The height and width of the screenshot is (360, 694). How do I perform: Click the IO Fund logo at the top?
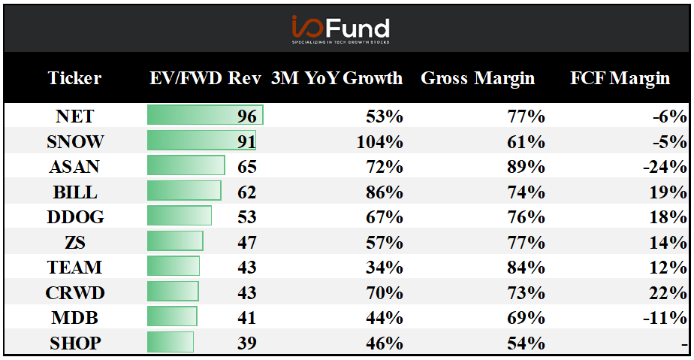[x=340, y=29]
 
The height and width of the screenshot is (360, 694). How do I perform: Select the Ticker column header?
[x=74, y=78]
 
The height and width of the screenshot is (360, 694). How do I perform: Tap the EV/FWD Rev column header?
[x=205, y=78]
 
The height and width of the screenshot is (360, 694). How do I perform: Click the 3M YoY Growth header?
[x=336, y=78]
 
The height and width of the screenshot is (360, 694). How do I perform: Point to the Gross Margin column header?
[x=478, y=78]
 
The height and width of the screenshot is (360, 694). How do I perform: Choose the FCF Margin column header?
[x=620, y=78]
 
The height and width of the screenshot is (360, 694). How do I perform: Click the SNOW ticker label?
[x=75, y=142]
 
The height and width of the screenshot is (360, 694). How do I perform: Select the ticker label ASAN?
[x=74, y=167]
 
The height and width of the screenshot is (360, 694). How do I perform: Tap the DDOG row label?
[x=75, y=217]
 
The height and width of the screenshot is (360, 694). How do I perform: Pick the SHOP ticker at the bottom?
[x=75, y=343]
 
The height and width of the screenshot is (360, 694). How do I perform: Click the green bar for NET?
[x=205, y=115]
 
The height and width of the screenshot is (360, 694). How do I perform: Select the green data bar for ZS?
[x=175, y=241]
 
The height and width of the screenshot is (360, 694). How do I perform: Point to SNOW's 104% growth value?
[x=380, y=142]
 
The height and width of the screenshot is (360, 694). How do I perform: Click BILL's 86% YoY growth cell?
[x=385, y=192]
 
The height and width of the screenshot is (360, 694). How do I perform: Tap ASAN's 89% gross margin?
[x=526, y=167]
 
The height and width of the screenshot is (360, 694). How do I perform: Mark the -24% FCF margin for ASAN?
[x=665, y=167]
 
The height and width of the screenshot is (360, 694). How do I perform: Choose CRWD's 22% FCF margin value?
[x=668, y=292]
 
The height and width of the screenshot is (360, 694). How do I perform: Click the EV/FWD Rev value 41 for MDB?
[x=246, y=318]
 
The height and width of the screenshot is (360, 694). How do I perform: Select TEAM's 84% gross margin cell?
[x=526, y=268]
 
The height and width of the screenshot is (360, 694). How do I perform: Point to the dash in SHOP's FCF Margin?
[x=685, y=345]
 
